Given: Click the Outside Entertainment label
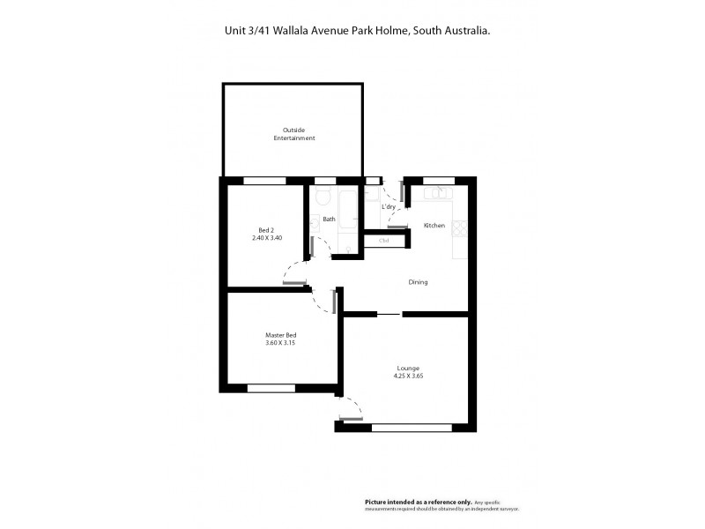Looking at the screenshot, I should (x=293, y=135).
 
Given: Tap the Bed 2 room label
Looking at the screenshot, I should (x=267, y=230).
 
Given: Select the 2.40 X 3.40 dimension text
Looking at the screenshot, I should (x=267, y=238).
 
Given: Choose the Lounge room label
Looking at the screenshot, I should (x=407, y=368).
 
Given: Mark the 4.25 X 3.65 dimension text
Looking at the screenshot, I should (x=407, y=376).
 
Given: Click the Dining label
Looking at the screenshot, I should (x=418, y=282).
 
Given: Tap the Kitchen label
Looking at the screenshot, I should (x=434, y=227).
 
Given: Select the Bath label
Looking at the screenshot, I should (x=329, y=219).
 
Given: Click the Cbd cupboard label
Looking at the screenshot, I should (x=384, y=240).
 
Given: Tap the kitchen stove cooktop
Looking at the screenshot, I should (x=460, y=227).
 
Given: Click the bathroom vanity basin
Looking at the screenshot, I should (x=314, y=223).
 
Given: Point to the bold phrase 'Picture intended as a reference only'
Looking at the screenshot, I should (x=419, y=501).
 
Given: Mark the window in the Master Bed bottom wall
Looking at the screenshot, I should (x=271, y=388).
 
